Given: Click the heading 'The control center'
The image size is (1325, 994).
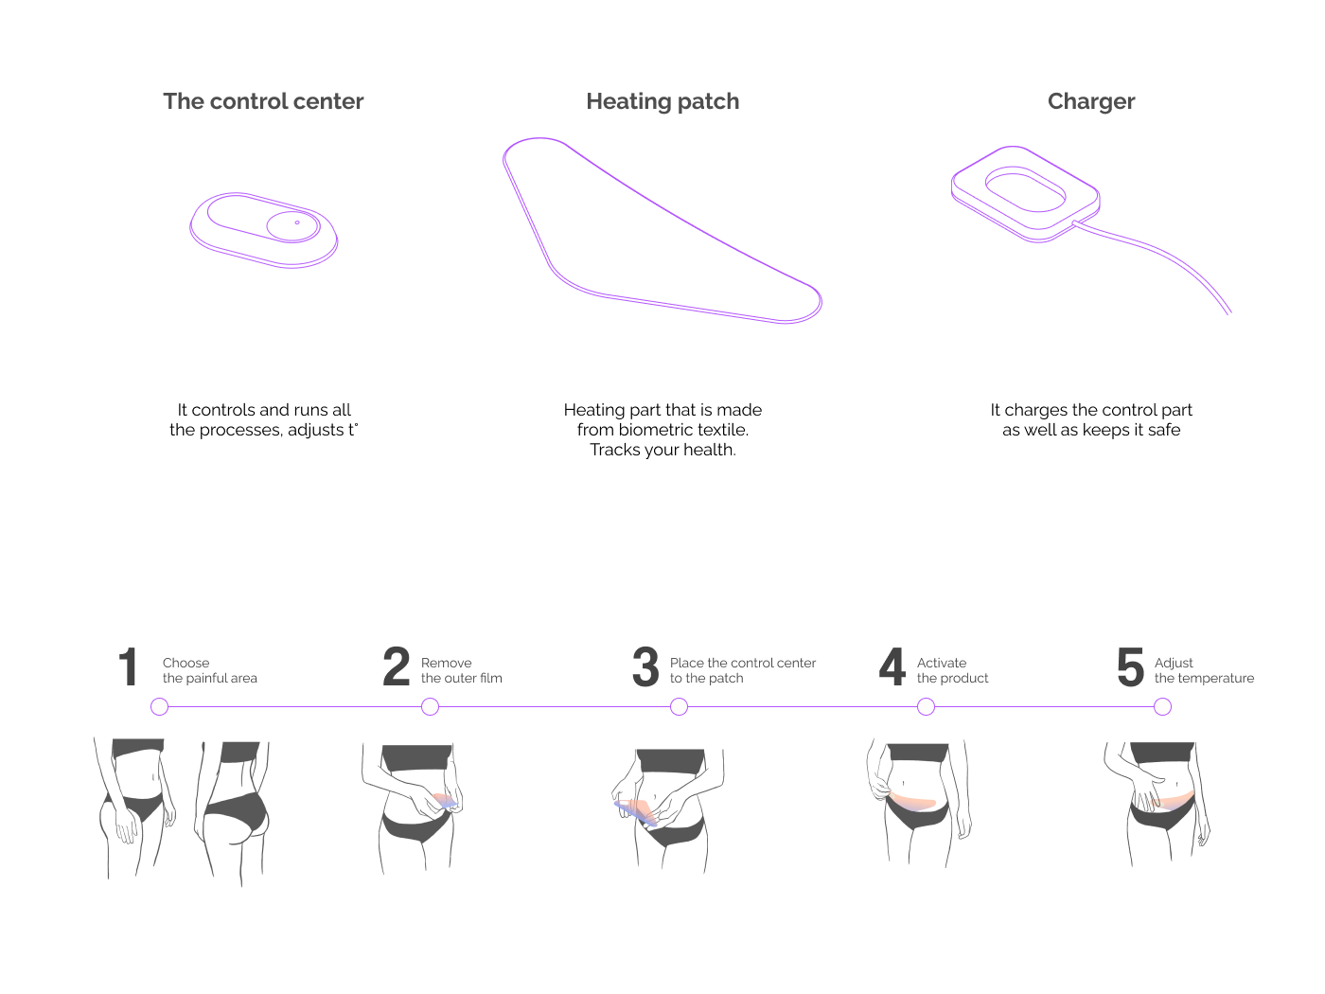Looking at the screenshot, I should tap(263, 101).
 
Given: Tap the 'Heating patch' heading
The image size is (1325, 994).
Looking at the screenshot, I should tap(662, 101).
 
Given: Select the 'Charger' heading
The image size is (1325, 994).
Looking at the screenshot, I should tap(1091, 101).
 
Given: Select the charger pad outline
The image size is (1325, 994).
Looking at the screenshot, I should tap(1025, 193).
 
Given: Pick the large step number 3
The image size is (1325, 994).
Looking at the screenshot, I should tap(645, 667).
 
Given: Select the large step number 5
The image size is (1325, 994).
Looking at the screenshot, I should tap(1130, 667).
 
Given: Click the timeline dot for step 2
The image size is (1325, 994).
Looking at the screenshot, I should tap(430, 707).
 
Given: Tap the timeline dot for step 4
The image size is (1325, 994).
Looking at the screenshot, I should tap(926, 707).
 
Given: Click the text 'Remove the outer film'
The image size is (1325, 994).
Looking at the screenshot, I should tap(461, 670).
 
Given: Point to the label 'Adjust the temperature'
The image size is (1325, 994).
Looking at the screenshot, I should tap(1204, 670).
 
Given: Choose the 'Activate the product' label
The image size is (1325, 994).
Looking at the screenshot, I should tap(952, 670).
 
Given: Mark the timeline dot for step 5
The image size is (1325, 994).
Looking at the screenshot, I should tap(1163, 707).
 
